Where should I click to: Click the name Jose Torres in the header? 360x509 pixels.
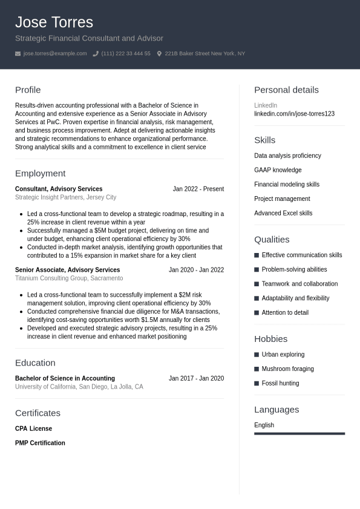click(x=54, y=22)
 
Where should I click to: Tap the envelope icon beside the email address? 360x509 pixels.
click(x=18, y=54)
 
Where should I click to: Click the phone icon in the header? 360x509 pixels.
click(x=96, y=54)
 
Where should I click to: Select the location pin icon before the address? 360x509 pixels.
click(x=159, y=54)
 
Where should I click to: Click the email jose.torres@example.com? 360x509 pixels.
click(x=55, y=54)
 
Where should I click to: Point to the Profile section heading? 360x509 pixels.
click(x=28, y=90)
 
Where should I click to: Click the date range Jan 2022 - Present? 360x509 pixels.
click(x=198, y=189)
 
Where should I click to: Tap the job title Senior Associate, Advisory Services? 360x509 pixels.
click(x=67, y=270)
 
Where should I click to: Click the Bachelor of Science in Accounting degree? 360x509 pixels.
click(x=65, y=378)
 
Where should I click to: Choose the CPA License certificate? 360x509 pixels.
click(x=33, y=429)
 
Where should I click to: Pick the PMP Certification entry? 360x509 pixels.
click(x=40, y=443)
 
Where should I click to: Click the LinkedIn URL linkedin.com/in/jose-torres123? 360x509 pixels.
click(x=294, y=114)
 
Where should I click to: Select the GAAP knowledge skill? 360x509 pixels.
click(x=278, y=170)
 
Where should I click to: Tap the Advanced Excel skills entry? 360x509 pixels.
click(x=283, y=213)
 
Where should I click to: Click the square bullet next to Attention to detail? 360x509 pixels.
click(x=257, y=313)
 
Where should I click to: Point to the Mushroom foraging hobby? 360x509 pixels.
click(x=287, y=369)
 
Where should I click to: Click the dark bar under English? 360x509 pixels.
click(x=299, y=433)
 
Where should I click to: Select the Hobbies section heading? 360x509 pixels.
click(x=270, y=339)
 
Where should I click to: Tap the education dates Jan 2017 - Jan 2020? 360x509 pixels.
click(x=196, y=378)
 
